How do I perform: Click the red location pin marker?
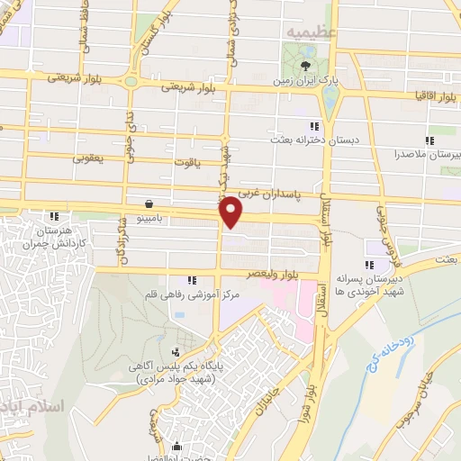pos(232,210)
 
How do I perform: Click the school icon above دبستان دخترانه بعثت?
pos(313,126)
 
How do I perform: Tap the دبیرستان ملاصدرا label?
pos(429,155)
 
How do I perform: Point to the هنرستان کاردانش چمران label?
pos(55,236)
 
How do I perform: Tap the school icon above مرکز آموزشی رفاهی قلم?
pos(188,280)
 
